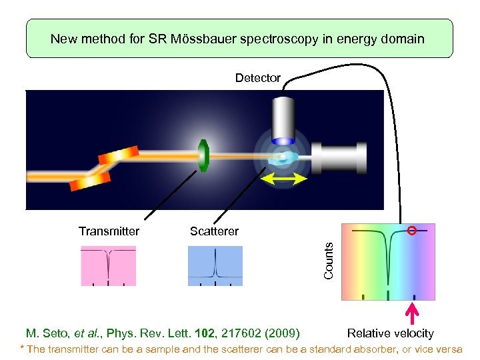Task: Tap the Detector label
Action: (258, 78)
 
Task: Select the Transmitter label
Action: (109, 231)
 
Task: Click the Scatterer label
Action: (214, 231)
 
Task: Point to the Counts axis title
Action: (328, 261)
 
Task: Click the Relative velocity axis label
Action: (391, 333)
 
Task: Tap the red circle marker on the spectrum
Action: (412, 231)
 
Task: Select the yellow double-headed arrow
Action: (283, 179)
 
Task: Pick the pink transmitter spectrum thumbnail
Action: (108, 265)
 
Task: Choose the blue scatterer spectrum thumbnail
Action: (215, 265)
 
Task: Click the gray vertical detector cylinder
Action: (283, 120)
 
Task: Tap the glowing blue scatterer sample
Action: (283, 159)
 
